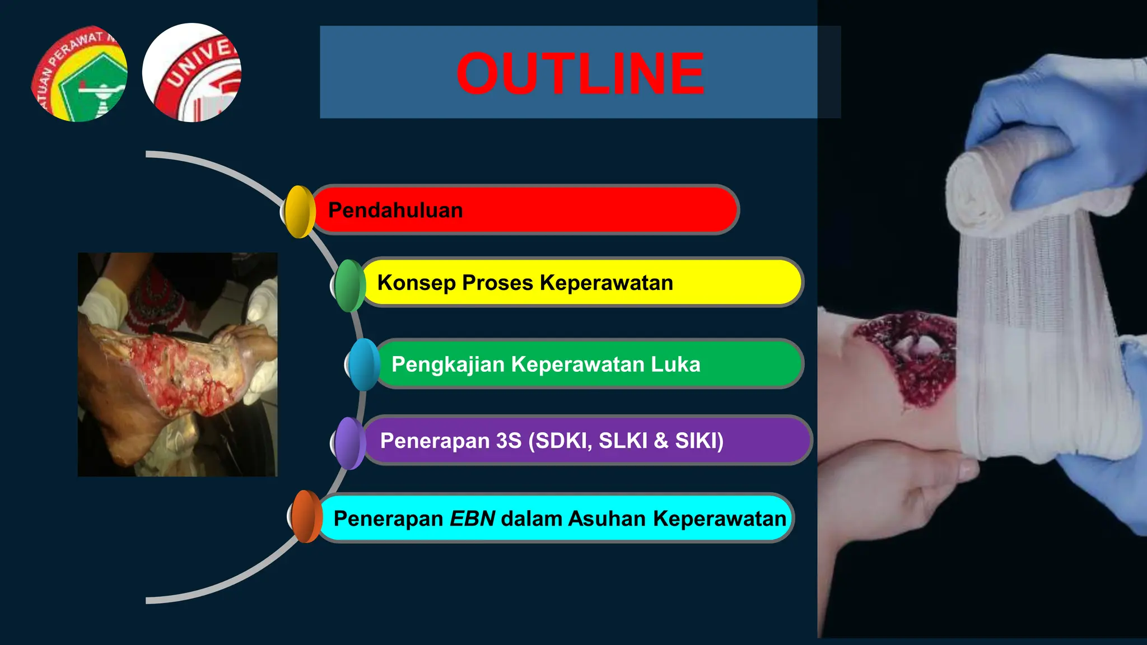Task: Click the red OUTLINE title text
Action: pyautogui.click(x=580, y=73)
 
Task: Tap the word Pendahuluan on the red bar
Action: pyautogui.click(x=395, y=211)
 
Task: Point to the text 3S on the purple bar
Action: pyautogui.click(x=509, y=441)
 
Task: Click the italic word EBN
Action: pyautogui.click(x=472, y=518)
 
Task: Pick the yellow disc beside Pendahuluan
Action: pyautogui.click(x=300, y=212)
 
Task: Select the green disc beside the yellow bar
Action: pyautogui.click(x=350, y=286)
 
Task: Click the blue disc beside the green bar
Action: pyautogui.click(x=364, y=364)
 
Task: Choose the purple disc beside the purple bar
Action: pyautogui.click(x=350, y=443)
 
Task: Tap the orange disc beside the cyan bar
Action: pyautogui.click(x=306, y=516)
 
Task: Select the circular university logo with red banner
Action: pyautogui.click(x=192, y=73)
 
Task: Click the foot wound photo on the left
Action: pyautogui.click(x=178, y=364)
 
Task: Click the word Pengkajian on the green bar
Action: pyautogui.click(x=448, y=364)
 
